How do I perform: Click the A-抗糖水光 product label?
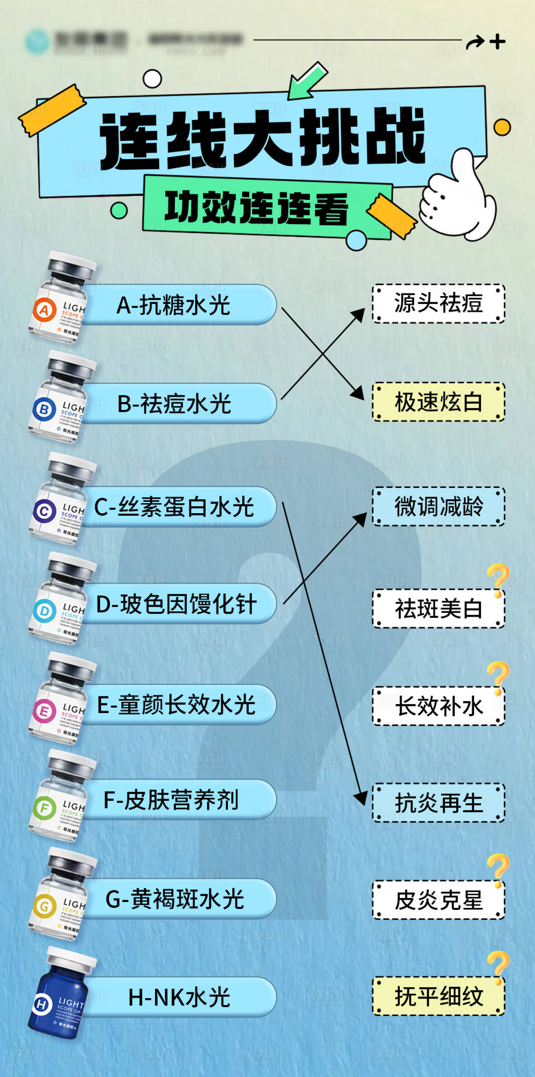pyautogui.click(x=173, y=305)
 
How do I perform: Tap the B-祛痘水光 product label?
pyautogui.click(x=174, y=404)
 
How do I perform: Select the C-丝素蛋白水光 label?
pyautogui.click(x=174, y=507)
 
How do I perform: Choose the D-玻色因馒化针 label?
pyautogui.click(x=176, y=604)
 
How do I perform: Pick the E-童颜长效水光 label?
pyautogui.click(x=176, y=704)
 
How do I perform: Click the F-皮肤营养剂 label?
pyautogui.click(x=171, y=800)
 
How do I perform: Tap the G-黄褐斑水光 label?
pyautogui.click(x=174, y=899)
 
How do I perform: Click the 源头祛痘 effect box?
pyautogui.click(x=439, y=303)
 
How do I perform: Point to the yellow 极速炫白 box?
pyautogui.click(x=439, y=402)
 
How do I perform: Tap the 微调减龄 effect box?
pyautogui.click(x=439, y=506)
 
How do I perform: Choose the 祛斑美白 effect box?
pyautogui.click(x=439, y=608)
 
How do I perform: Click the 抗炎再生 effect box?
pyautogui.click(x=439, y=803)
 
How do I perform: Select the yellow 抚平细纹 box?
pyautogui.click(x=439, y=996)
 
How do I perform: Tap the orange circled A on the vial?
pyautogui.click(x=44, y=310)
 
